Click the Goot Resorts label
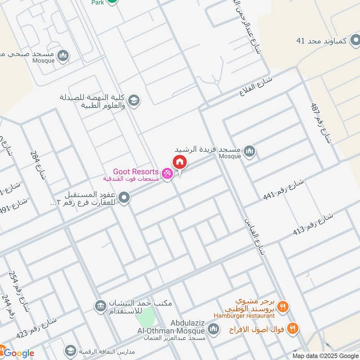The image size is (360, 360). point(135,172)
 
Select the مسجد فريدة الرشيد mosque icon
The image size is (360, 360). point(251,150)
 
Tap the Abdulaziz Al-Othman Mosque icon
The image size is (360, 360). point(213,329)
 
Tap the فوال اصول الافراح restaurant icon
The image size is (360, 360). point(293,328)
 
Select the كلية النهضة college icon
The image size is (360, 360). point(133,100)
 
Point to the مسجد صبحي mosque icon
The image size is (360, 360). point(63,55)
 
